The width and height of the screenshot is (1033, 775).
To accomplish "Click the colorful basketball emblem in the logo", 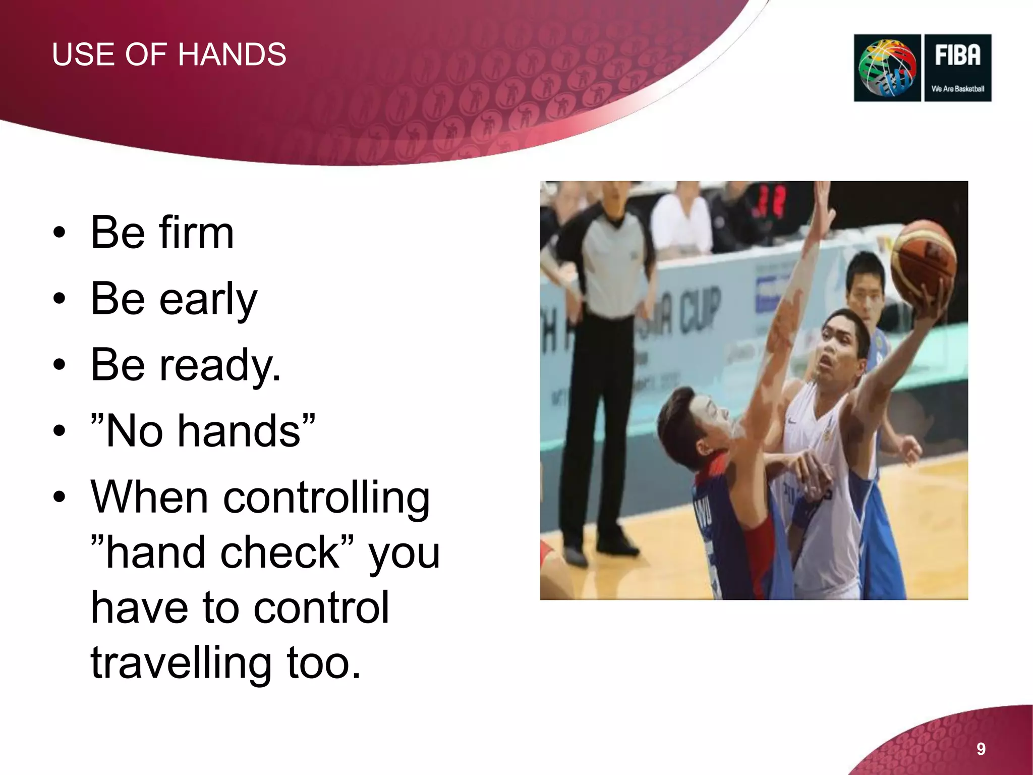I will coord(887,68).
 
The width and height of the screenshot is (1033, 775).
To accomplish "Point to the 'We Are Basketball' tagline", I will coord(957,89).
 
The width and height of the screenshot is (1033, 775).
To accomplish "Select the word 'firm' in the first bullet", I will coord(196,233).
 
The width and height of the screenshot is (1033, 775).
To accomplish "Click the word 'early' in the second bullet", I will coord(208,299).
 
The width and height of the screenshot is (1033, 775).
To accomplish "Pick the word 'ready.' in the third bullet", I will coord(220,365).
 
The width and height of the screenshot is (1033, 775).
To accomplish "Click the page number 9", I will coord(981,749).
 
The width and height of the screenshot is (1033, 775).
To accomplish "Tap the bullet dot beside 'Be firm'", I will coord(60,233).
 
